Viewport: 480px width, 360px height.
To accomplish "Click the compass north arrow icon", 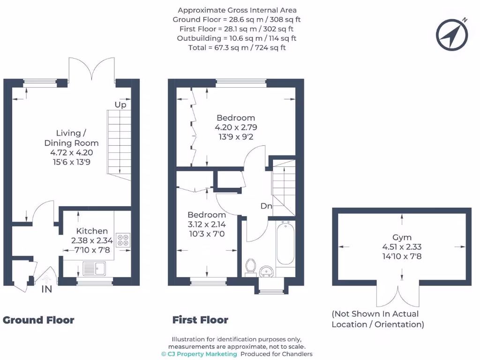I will coord(452,35).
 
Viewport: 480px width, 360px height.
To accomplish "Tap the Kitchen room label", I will coord(92,231).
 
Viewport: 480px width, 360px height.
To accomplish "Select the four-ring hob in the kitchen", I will coord(123,240).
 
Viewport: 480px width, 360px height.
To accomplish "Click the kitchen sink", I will coord(94,268).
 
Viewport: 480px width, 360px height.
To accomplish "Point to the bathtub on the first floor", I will coord(285,245).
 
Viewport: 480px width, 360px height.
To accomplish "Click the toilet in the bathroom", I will coord(250,266).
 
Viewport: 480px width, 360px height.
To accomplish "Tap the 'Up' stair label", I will coord(120,105).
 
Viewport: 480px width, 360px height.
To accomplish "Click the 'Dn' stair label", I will coord(266,206).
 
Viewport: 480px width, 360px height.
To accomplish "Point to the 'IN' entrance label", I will coord(46,290).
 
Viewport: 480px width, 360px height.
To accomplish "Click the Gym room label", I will coord(402,238).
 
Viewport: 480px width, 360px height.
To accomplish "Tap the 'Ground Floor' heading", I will coord(38,320).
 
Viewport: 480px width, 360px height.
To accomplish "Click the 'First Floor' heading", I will coord(200,320).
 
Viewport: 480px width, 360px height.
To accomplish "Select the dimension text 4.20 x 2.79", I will coord(236,127).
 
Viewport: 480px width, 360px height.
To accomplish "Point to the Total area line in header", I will coord(237,47).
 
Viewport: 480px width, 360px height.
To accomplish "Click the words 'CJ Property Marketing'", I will coord(200,354).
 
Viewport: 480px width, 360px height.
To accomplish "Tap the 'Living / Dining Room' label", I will coord(71,138).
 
